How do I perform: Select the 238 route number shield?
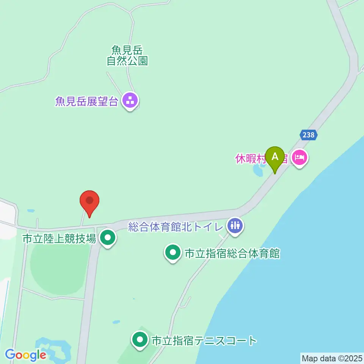click(x=309, y=135)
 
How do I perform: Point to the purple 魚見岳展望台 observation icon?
click(x=130, y=101)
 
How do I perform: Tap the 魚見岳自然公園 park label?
click(x=127, y=55)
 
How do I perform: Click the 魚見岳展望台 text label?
click(x=86, y=101)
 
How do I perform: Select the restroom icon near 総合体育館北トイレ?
click(x=235, y=226)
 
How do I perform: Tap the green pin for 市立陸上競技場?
click(x=108, y=238)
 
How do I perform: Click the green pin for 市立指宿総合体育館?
click(x=173, y=253)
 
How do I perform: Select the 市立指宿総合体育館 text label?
click(x=232, y=253)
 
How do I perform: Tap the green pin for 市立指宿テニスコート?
click(x=140, y=340)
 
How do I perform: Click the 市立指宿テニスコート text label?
click(x=204, y=340)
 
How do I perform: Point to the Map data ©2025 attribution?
click(x=332, y=358)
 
